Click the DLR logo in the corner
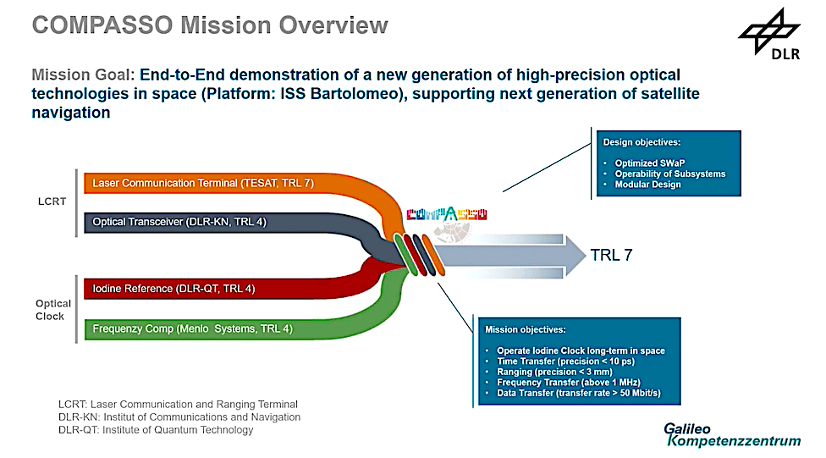pos(770,38)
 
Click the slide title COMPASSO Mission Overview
pos(209,25)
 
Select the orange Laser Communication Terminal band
pos(203,183)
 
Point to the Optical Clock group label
pos(52,310)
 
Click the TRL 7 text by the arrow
pos(610,254)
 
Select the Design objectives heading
pos(642,142)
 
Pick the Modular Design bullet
pos(647,185)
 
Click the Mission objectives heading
pos(525,329)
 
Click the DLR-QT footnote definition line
pos(155,430)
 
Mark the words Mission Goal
pos(81,75)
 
